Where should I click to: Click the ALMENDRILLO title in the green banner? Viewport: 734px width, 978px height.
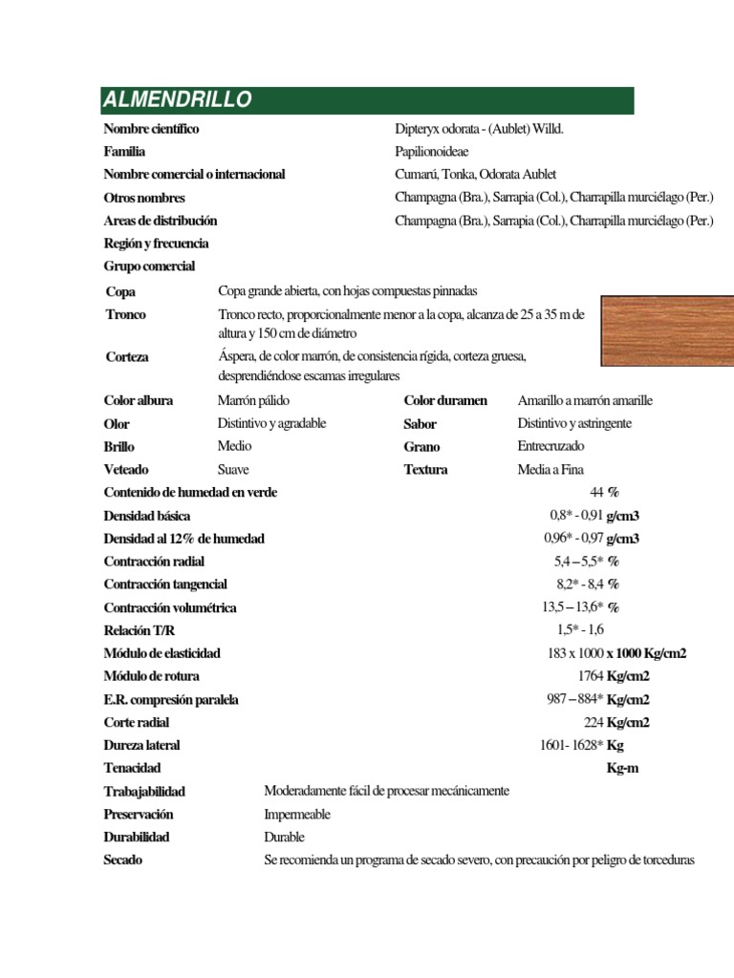coord(178,99)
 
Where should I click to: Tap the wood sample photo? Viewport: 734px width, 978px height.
coord(667,330)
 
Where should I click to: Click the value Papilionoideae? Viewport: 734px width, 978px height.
coord(432,152)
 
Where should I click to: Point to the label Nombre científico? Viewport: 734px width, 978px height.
coord(151,129)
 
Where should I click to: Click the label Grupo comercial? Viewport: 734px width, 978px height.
coord(149,266)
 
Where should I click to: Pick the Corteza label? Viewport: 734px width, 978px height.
coord(127,356)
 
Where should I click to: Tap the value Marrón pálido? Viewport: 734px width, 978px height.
coord(253,400)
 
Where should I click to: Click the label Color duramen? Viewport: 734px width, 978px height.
coord(445,400)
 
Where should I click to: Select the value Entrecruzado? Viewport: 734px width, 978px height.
coord(550,446)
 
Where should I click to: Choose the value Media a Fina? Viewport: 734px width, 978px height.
coord(550,469)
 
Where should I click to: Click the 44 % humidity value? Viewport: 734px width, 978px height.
coord(605,492)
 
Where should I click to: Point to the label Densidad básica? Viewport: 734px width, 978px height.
coord(146,516)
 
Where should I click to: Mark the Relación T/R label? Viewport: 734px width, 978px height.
coord(140,630)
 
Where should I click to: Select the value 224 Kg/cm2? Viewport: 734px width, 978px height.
coord(616,722)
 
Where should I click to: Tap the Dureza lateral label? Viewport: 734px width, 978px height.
coord(141,745)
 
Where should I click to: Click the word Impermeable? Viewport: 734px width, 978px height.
coord(297,815)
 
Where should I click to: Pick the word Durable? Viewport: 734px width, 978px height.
coord(284,838)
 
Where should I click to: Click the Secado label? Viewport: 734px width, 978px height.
coord(123,861)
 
